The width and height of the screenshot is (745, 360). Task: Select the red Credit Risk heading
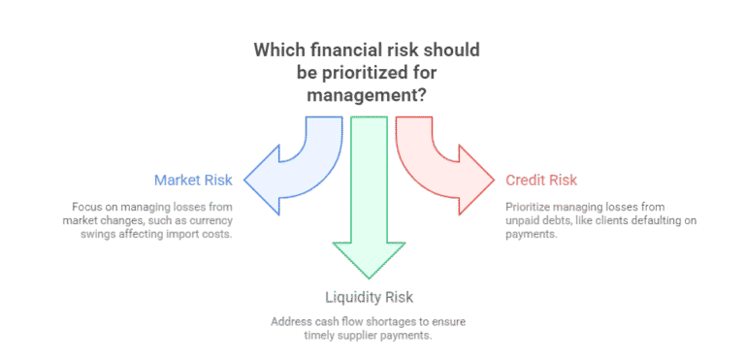[541, 180]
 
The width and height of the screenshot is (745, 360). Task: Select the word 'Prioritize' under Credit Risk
[528, 207]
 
